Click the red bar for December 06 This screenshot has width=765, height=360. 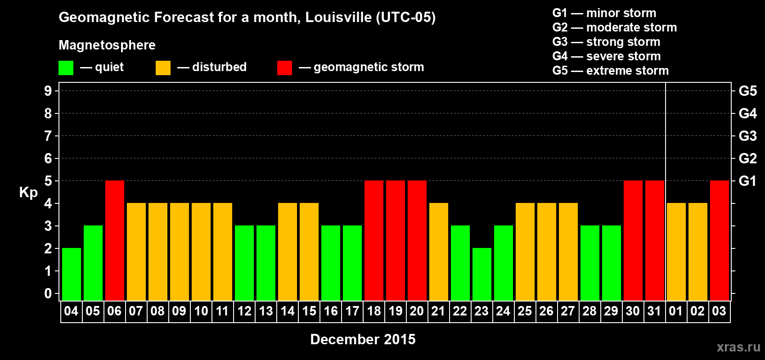click(x=115, y=240)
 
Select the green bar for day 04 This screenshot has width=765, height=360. click(x=72, y=274)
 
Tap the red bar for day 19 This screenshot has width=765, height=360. click(x=396, y=240)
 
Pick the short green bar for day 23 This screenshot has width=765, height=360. click(x=482, y=274)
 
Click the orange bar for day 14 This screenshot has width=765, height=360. click(x=288, y=252)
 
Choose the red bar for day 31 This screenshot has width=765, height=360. click(x=655, y=240)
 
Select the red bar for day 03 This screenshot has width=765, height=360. click(x=720, y=240)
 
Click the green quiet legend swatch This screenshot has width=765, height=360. click(x=66, y=68)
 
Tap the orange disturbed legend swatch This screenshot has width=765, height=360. click(x=163, y=68)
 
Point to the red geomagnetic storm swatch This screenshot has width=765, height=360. click(x=284, y=68)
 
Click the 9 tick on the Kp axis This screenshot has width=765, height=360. click(x=48, y=91)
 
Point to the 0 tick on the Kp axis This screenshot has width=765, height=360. click(x=48, y=293)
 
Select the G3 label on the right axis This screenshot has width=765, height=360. click(x=747, y=136)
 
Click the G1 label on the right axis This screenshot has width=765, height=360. click(x=747, y=181)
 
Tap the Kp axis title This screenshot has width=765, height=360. click(x=28, y=193)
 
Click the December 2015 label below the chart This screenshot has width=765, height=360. click(x=363, y=339)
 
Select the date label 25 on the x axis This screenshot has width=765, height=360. click(x=525, y=311)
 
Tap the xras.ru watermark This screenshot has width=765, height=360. click(x=738, y=347)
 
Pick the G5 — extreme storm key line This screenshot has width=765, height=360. click(x=611, y=71)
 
